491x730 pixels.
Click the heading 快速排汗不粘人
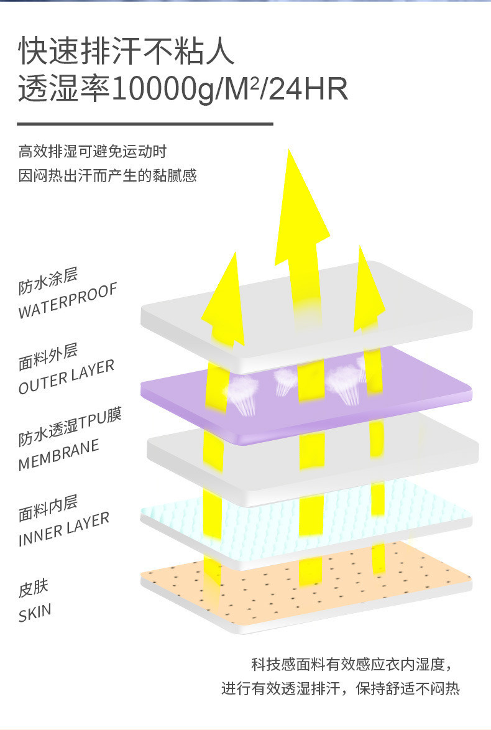tap(127, 52)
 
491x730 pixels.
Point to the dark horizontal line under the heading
tap(145, 124)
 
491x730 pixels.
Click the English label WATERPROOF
tap(68, 301)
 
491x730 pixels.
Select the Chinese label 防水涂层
tap(48, 281)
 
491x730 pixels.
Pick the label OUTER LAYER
tap(67, 377)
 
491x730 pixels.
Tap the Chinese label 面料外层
tap(48, 356)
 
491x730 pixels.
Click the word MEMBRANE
tap(59, 456)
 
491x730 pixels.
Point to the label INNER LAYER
tap(64, 530)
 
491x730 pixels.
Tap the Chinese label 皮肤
tap(33, 588)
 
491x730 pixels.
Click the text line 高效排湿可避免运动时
tap(93, 152)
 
